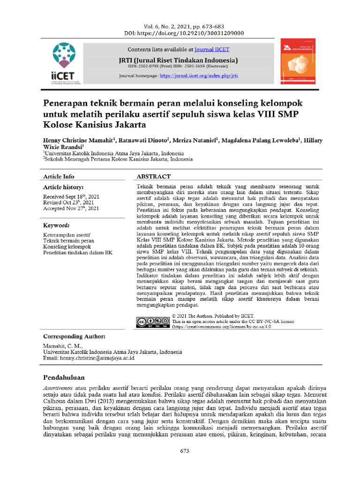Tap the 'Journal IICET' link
[x=212, y=49]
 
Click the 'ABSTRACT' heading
[x=153, y=177]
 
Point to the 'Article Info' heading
[x=59, y=177]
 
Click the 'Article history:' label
[x=63, y=187]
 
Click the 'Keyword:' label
[x=56, y=225]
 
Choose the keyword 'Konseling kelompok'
[x=67, y=247]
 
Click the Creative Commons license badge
[x=152, y=322]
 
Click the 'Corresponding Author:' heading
[x=74, y=337]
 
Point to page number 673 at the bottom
[x=185, y=451]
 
